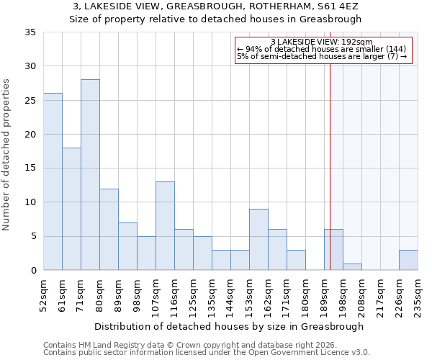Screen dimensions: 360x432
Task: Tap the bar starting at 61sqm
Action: click(71, 209)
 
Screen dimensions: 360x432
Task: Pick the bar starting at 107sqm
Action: click(165, 226)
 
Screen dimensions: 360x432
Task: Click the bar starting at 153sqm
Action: click(258, 240)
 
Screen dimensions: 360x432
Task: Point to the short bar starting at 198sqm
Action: click(352, 266)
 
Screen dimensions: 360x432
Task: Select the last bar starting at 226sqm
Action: click(408, 260)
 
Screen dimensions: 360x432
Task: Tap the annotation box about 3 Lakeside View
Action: click(323, 50)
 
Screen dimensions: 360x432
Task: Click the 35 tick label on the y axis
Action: click(30, 32)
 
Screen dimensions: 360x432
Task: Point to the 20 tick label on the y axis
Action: click(30, 135)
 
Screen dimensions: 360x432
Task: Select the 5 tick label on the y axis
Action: click(33, 237)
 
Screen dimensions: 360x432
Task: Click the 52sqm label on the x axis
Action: click(43, 293)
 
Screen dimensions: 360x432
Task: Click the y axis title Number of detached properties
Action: click(7, 155)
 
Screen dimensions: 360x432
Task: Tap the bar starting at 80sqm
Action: click(109, 230)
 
